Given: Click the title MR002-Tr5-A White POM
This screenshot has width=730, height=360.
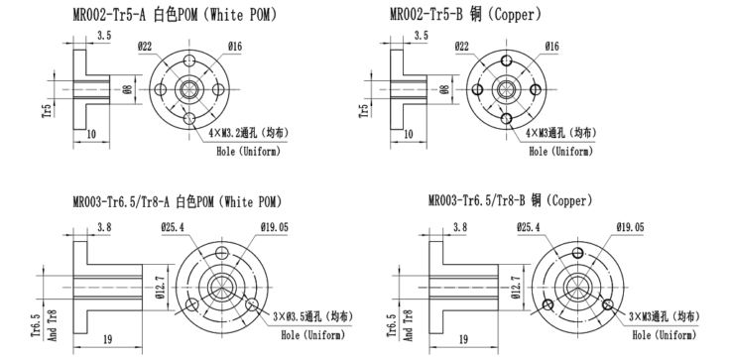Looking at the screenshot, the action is (x=175, y=15).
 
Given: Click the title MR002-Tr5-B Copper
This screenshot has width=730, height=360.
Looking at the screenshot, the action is (x=466, y=15).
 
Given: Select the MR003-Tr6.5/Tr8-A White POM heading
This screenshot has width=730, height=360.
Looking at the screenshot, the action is (x=178, y=201).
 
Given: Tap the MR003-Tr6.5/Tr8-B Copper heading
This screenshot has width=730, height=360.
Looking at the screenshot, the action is (x=510, y=200).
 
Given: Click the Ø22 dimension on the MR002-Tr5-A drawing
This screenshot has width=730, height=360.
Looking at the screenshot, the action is (x=145, y=46).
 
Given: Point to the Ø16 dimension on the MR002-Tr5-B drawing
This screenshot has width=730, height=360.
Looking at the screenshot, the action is (x=551, y=46).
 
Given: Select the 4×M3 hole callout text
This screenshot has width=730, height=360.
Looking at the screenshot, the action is (x=561, y=133).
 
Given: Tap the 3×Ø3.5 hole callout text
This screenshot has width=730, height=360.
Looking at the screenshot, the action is (x=312, y=316).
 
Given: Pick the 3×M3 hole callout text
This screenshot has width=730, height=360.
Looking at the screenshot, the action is (x=665, y=316).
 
